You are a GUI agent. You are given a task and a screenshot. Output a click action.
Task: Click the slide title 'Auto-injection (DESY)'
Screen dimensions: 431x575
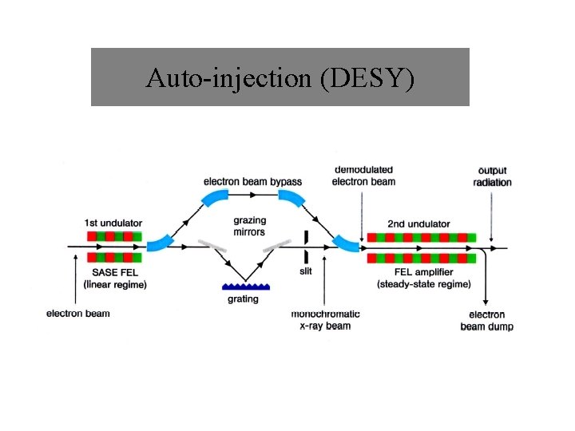pos(280,78)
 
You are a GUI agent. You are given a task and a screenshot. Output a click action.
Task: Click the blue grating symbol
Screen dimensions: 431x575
pos(244,285)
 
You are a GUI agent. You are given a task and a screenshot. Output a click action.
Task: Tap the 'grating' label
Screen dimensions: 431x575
pos(243,299)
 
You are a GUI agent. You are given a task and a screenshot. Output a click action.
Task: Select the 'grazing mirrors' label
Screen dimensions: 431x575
pos(249,226)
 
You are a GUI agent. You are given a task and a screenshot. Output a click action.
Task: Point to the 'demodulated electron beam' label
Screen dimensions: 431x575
pos(363,176)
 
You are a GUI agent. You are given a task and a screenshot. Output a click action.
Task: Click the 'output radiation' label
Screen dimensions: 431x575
pos(492,176)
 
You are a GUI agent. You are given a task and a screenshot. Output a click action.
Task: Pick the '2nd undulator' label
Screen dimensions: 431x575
pos(418,223)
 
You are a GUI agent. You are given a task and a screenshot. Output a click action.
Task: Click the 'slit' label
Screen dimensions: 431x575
pos(306,271)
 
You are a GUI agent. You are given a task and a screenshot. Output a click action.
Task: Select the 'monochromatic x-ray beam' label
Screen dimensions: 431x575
pos(325,320)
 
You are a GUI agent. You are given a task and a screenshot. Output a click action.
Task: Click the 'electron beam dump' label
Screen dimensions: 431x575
pos(486,321)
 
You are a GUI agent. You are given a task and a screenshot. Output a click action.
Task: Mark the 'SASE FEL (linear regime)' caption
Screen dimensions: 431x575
pos(115,279)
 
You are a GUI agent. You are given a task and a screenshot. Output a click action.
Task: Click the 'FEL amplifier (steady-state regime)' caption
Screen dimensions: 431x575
pos(423,279)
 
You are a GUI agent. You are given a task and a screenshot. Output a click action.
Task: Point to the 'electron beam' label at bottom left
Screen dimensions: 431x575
pos(77,314)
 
